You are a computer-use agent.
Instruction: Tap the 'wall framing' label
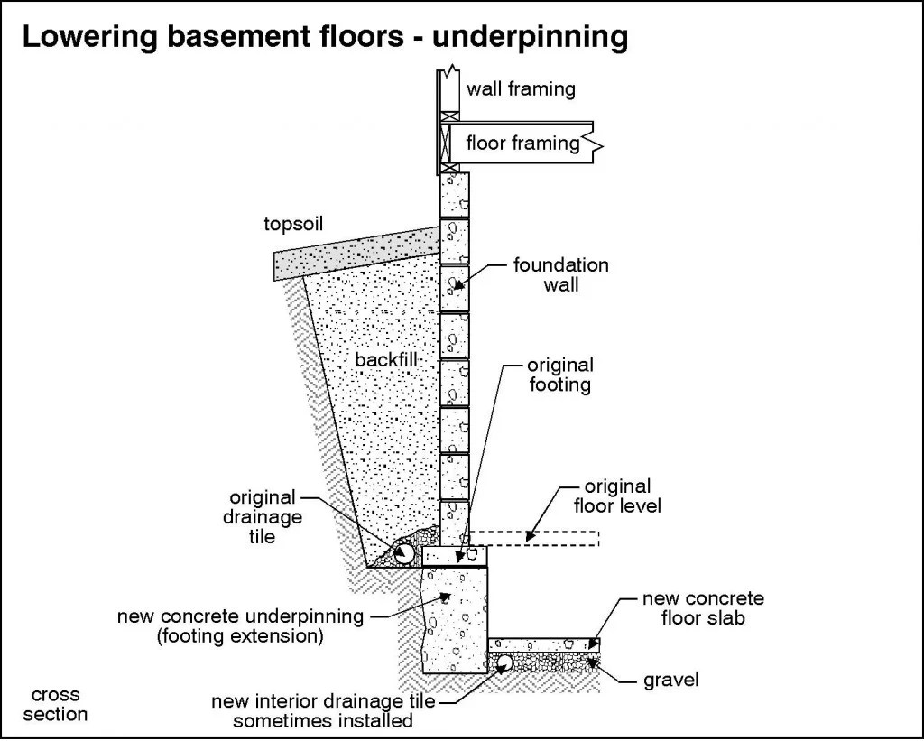pos(521,88)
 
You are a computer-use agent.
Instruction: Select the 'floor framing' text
pos(522,143)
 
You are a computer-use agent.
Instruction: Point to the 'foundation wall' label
pos(560,275)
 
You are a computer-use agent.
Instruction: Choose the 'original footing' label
pos(560,375)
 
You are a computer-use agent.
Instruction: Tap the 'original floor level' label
pos(617,496)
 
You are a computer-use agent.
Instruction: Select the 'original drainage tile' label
pos(263,516)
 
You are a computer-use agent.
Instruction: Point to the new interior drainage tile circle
pos(503,663)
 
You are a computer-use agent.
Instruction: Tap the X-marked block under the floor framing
pos(449,140)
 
